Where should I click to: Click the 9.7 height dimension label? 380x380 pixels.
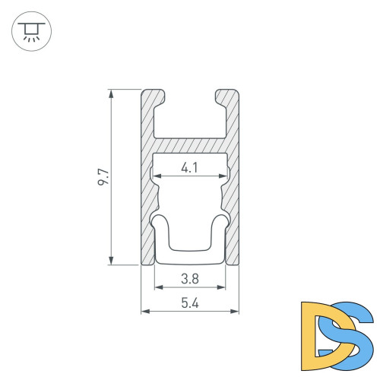[x=103, y=177]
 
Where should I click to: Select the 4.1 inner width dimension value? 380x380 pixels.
[x=189, y=168]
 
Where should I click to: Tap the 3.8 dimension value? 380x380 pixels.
[x=190, y=279]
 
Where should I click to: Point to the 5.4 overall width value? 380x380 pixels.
[x=190, y=303]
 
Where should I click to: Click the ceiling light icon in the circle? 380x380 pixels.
[x=31, y=31]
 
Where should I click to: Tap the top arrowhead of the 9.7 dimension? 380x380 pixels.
[x=111, y=94]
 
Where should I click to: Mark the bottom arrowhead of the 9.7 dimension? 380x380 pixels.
[x=111, y=261]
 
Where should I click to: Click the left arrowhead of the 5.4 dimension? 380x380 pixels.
[x=146, y=312]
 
